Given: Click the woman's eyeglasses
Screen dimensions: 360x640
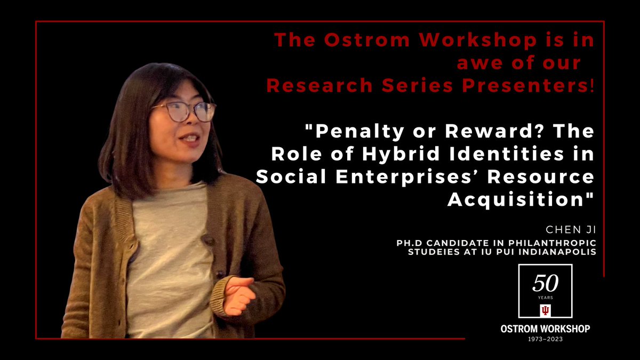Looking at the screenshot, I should pos(185,111).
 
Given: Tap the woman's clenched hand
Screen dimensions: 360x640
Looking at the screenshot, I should pos(237,292).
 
